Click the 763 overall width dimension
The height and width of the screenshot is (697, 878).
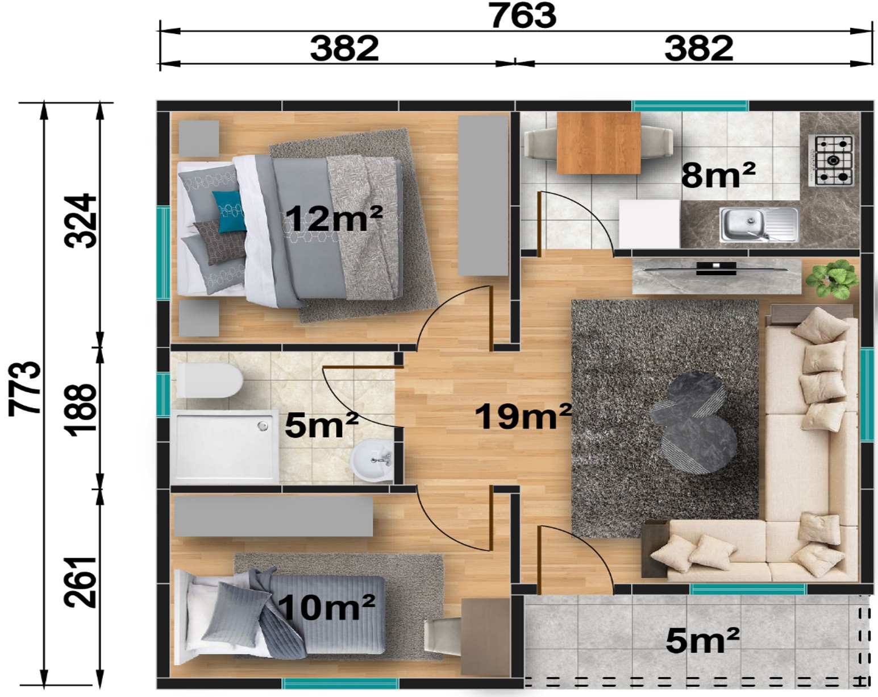pyautogui.click(x=523, y=15)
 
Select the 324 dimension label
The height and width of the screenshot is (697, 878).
pyautogui.click(x=81, y=221)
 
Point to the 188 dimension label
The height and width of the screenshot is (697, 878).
pyautogui.click(x=81, y=410)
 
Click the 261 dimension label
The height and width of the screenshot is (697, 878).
pyautogui.click(x=81, y=582)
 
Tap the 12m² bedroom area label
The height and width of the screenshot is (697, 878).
pyautogui.click(x=335, y=218)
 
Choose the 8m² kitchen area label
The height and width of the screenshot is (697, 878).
pyautogui.click(x=718, y=175)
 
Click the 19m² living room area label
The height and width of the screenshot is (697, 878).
pyautogui.click(x=523, y=416)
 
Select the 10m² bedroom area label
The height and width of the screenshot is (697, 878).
pyautogui.click(x=326, y=607)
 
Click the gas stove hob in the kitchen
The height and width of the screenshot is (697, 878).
pyautogui.click(x=831, y=160)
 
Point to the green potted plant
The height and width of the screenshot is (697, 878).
pyautogui.click(x=832, y=280)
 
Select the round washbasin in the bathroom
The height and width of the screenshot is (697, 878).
pyautogui.click(x=372, y=460)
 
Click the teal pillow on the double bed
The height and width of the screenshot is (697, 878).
pyautogui.click(x=229, y=211)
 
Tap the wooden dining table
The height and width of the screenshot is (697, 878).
pyautogui.click(x=598, y=143)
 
